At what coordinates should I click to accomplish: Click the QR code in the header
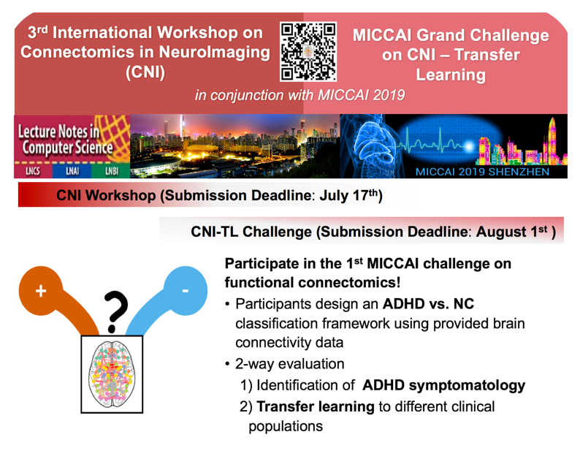click(x=308, y=51)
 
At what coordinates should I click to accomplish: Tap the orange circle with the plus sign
click(x=41, y=291)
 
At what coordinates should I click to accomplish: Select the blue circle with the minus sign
click(x=186, y=291)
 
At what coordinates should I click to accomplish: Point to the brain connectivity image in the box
click(x=112, y=374)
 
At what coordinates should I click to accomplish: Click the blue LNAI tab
click(x=72, y=170)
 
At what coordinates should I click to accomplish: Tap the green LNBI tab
click(x=111, y=170)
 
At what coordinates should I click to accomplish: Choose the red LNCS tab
click(x=34, y=170)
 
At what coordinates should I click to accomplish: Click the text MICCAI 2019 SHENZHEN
click(x=482, y=172)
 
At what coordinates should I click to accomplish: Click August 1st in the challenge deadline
click(x=511, y=232)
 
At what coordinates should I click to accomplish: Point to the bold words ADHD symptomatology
click(x=443, y=385)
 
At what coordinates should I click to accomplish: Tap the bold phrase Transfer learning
click(x=316, y=406)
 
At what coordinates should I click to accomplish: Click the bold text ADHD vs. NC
click(x=428, y=303)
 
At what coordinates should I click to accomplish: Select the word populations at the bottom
click(x=286, y=426)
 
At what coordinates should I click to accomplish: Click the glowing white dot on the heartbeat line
click(x=469, y=147)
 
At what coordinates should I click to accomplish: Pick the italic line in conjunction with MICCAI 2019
click(x=300, y=95)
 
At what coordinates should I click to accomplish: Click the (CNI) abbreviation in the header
click(x=145, y=72)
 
